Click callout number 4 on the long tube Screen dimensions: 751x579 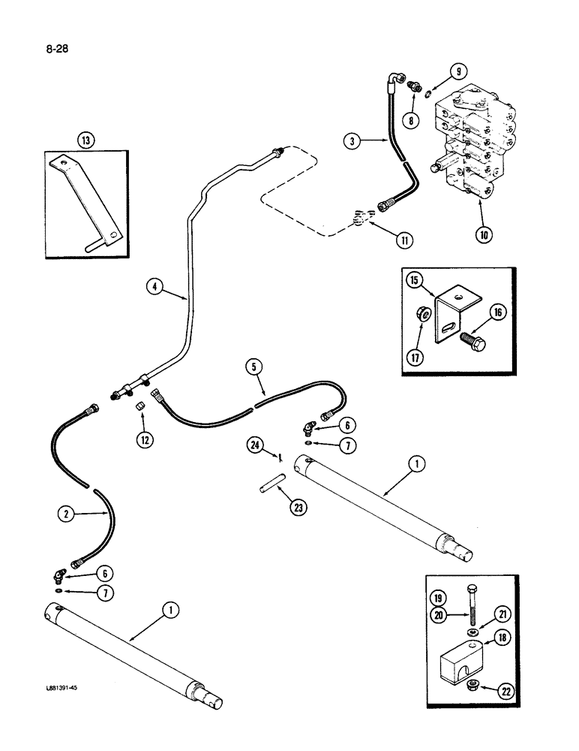[154, 285]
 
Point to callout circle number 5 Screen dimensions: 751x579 [254, 367]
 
